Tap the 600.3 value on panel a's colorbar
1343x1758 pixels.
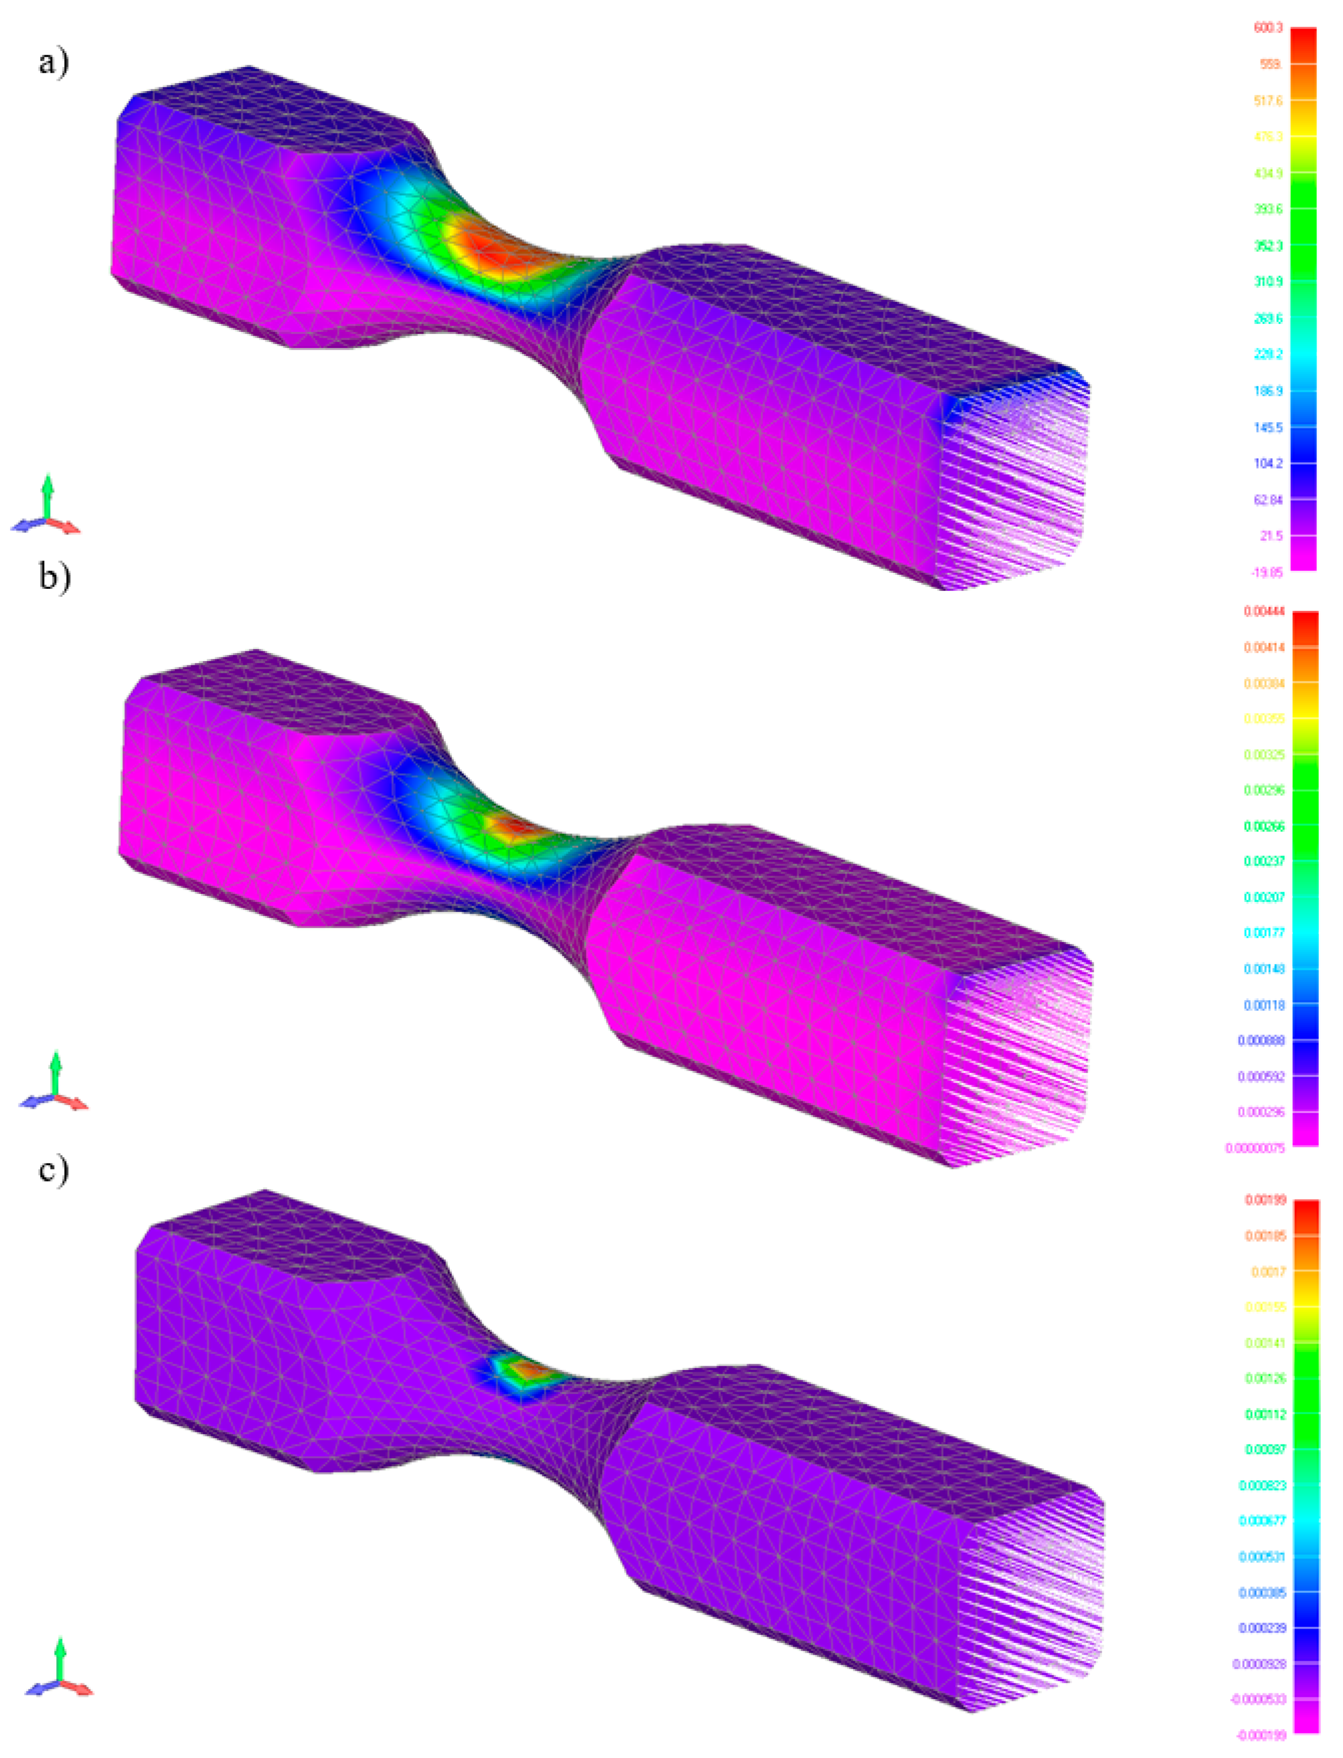(1268, 28)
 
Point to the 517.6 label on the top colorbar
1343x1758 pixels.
(1268, 101)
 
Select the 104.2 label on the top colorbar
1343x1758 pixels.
(1268, 464)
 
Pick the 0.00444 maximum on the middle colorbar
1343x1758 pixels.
(1264, 611)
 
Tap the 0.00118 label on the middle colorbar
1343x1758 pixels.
(1264, 1005)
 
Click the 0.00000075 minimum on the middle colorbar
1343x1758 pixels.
(1255, 1148)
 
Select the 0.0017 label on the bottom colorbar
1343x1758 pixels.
(1269, 1271)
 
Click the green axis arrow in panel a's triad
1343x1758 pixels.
(47, 496)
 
